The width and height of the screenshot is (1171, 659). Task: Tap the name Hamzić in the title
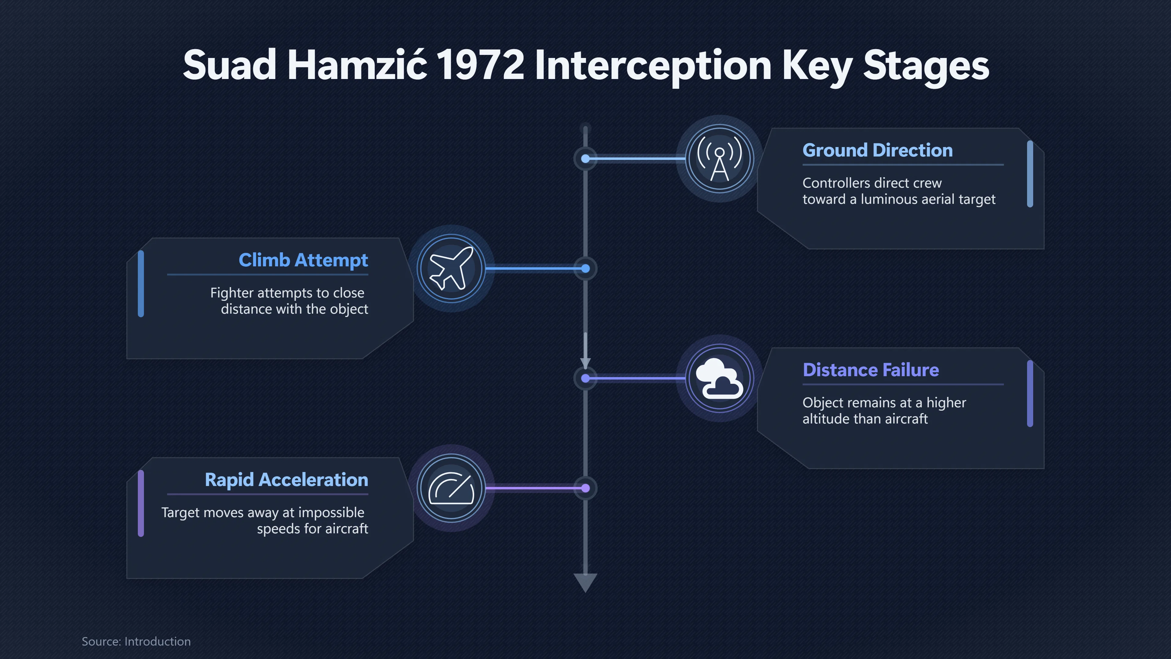[357, 65]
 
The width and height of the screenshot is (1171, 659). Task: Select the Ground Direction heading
[877, 150]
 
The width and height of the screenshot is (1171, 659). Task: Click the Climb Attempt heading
[303, 261]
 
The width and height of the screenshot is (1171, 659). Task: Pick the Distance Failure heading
[871, 370]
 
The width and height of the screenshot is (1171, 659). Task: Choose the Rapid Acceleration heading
[286, 480]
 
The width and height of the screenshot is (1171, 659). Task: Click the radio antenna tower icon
[720, 159]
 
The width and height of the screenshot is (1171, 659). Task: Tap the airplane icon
[451, 268]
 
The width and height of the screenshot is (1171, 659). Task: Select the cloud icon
[720, 378]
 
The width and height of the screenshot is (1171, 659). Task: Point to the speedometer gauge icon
[451, 488]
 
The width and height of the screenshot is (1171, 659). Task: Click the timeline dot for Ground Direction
[585, 159]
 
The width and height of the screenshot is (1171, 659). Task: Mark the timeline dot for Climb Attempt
[585, 269]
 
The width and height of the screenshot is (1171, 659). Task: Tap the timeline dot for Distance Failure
[585, 378]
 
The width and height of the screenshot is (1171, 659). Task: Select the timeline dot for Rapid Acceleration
[585, 488]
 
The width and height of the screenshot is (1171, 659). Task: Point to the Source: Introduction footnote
[136, 641]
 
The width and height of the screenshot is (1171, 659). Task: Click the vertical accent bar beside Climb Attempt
[141, 284]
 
